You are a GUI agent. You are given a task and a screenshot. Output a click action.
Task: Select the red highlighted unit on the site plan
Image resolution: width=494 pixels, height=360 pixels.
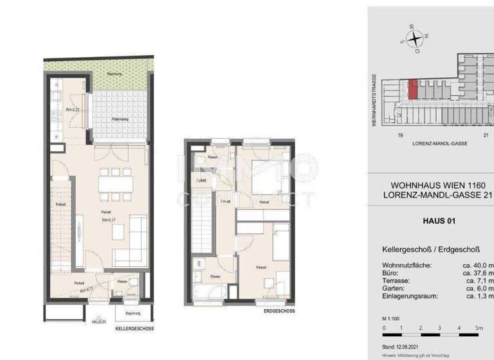[x=414, y=89]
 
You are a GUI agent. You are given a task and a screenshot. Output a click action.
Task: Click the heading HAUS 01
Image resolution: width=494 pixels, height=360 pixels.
[x=439, y=221]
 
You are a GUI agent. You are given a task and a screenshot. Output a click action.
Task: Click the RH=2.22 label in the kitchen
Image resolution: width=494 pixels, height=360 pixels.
[x=72, y=110]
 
